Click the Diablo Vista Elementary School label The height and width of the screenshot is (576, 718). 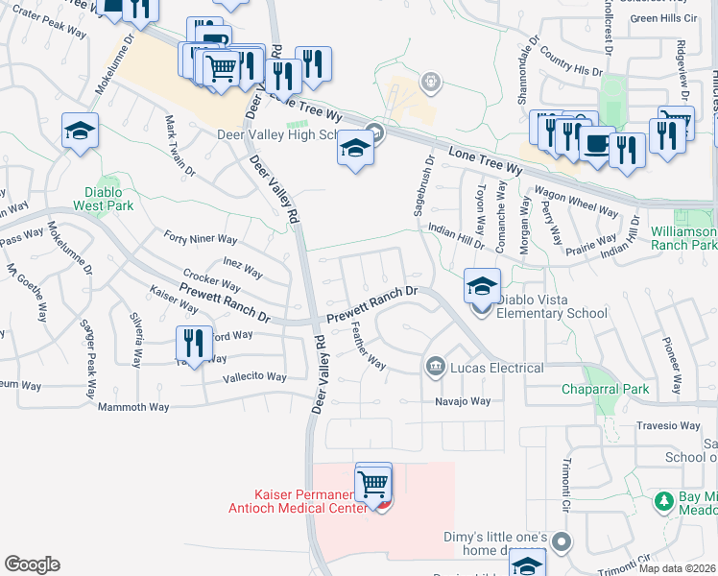click(551, 305)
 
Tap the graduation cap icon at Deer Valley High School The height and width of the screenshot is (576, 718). click(355, 151)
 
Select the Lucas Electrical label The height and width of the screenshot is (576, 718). click(496, 368)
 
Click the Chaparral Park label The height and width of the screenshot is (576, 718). click(605, 389)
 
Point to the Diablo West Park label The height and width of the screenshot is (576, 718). click(104, 198)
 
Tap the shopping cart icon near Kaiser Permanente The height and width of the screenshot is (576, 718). click(373, 483)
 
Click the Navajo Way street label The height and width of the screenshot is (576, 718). click(463, 401)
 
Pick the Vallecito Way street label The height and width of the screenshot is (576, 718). click(254, 377)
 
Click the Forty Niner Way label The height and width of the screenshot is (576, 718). click(200, 238)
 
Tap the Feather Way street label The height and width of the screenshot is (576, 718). click(368, 350)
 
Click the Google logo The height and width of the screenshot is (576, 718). click(32, 564)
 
